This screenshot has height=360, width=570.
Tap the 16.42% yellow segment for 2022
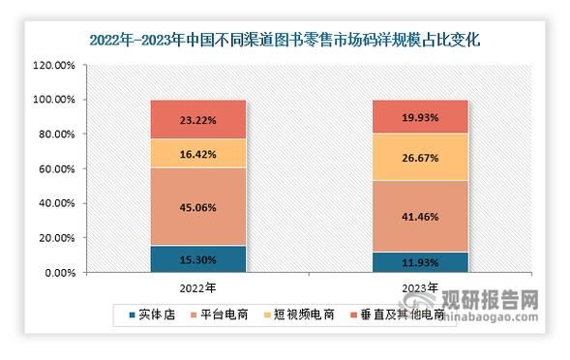196,153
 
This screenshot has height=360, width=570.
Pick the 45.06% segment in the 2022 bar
196,206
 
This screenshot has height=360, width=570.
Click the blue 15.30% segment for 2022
196,258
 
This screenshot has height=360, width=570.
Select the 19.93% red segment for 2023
420,116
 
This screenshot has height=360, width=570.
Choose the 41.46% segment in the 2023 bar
420,216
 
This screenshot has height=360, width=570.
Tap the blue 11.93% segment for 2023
420,261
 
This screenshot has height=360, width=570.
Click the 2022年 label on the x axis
196,288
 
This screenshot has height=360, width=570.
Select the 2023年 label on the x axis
420,288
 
